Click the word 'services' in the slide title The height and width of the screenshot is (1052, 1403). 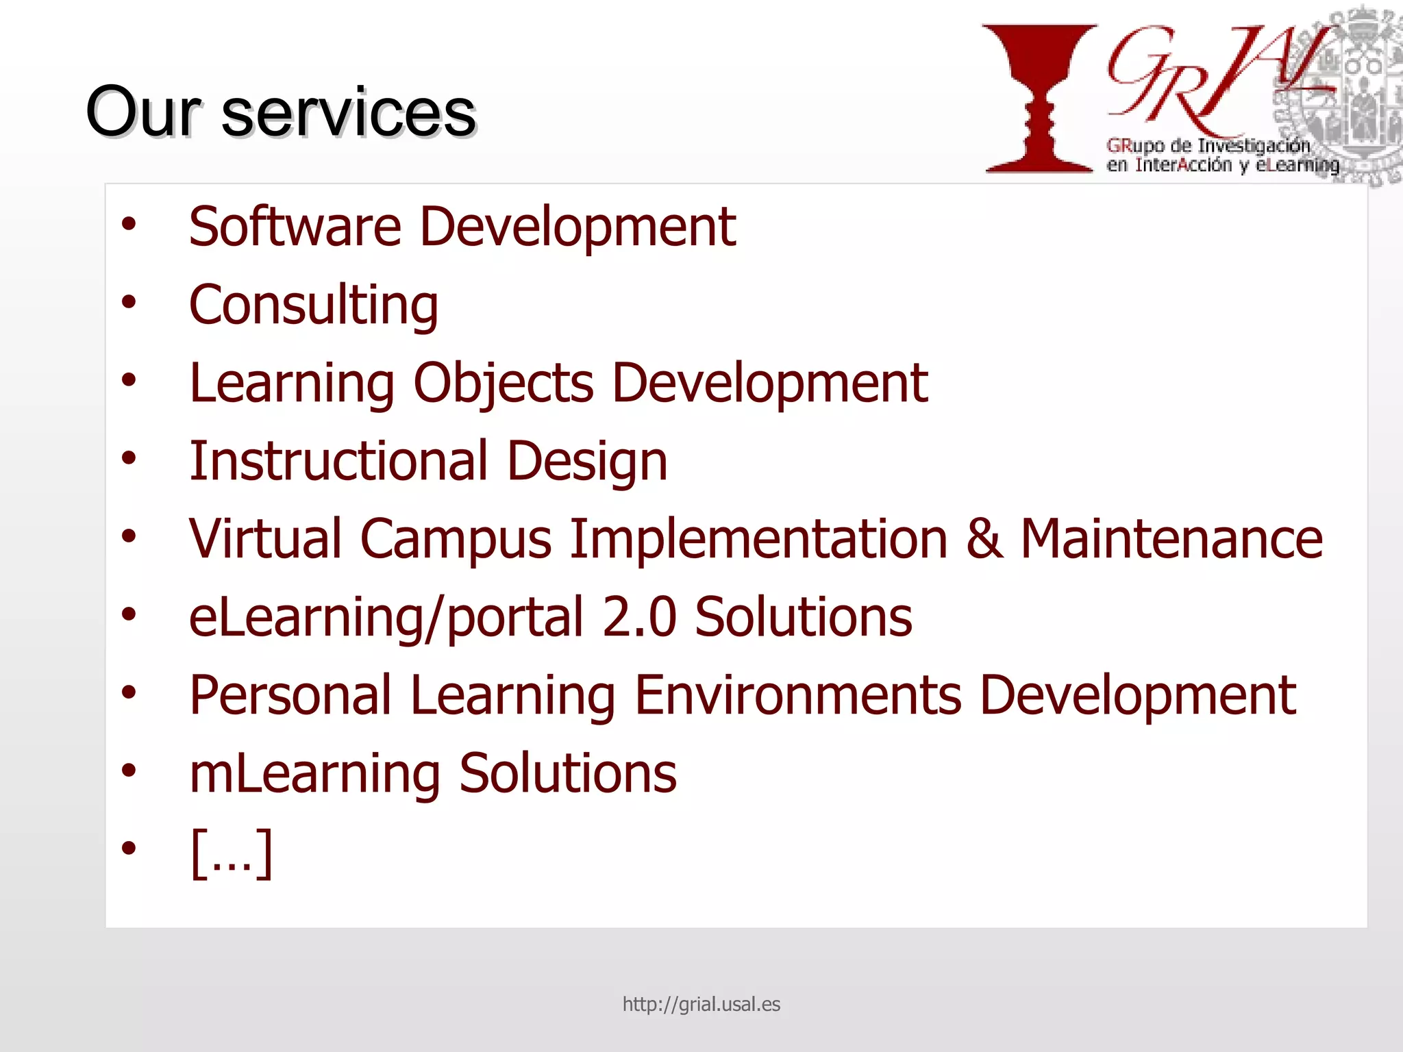pos(348,113)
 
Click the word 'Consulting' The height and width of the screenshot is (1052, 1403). pos(313,306)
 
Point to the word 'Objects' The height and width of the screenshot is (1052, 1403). pos(504,384)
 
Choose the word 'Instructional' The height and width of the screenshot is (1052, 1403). pos(339,461)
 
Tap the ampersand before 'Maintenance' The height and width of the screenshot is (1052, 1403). pos(984,539)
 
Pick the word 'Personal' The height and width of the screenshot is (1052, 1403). pos(290,695)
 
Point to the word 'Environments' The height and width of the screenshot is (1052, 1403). pos(798,695)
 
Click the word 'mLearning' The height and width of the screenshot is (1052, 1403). pos(314,775)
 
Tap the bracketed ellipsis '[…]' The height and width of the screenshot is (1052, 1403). pos(232,852)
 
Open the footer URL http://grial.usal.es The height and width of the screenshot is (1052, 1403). pos(701,1004)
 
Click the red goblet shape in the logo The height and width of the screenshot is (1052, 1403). pos(1039,97)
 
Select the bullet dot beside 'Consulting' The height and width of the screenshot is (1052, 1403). pos(129,301)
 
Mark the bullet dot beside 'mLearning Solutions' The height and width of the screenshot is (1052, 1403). pos(129,771)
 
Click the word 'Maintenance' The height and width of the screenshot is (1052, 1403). pos(1171,539)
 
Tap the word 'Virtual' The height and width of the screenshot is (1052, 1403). pos(265,539)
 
